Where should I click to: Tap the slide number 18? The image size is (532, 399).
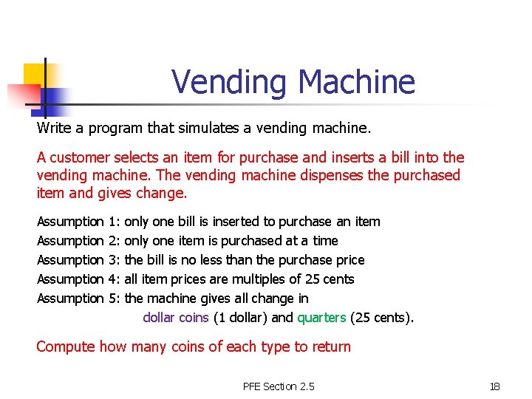tap(494, 386)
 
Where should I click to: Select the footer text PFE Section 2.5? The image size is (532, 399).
tap(279, 386)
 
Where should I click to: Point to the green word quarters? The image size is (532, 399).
tap(321, 318)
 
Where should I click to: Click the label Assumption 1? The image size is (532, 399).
tap(79, 222)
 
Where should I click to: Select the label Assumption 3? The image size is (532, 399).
tap(79, 260)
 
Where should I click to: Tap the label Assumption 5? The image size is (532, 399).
tap(79, 299)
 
